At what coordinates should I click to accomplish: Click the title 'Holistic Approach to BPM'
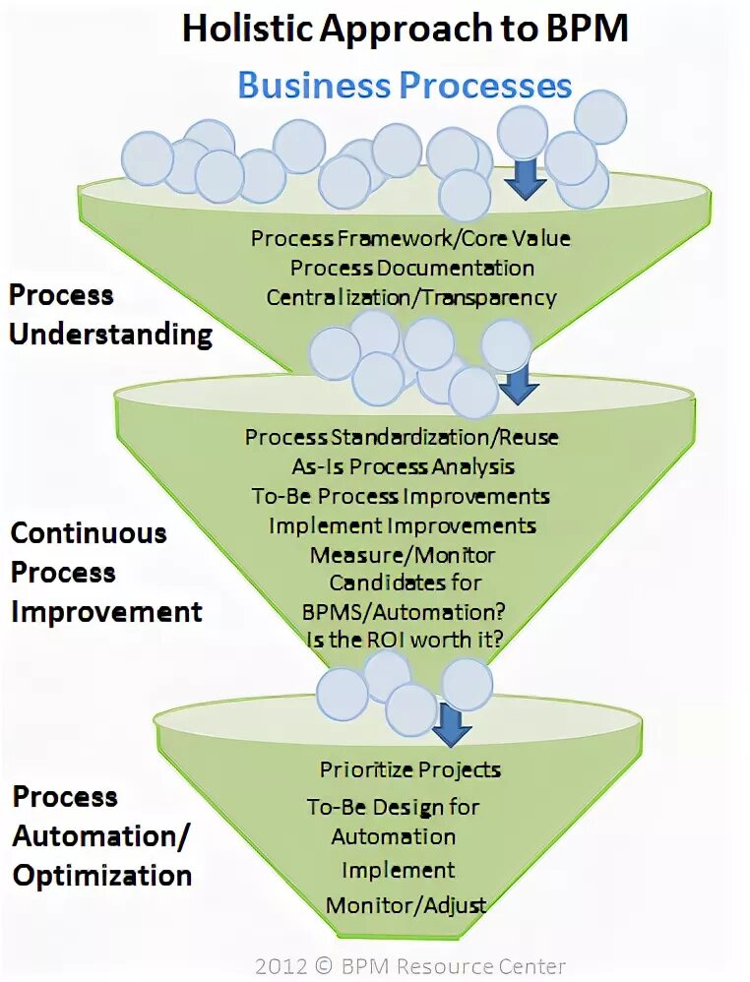click(405, 30)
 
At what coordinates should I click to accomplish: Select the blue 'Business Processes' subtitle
click(405, 85)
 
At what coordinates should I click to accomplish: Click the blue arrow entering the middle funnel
click(518, 386)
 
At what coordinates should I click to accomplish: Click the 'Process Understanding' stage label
click(110, 315)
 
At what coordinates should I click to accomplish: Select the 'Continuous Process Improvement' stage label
click(106, 573)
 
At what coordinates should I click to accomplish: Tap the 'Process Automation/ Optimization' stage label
click(101, 836)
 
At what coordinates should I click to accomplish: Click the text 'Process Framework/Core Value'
click(410, 238)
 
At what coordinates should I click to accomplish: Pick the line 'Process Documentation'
click(412, 268)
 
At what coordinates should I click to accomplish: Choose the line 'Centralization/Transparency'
click(411, 297)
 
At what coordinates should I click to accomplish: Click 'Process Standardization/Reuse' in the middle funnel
click(402, 436)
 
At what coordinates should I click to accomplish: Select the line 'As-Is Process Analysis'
click(403, 465)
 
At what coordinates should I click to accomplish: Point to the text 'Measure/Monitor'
click(403, 555)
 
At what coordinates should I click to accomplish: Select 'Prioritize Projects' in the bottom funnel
click(410, 768)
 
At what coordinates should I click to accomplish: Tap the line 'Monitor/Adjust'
click(406, 904)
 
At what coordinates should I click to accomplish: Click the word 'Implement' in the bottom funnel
click(398, 870)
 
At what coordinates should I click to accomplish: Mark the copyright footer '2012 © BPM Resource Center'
click(410, 966)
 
